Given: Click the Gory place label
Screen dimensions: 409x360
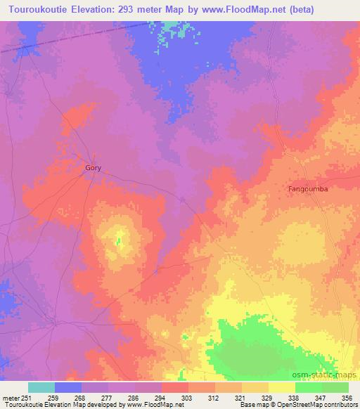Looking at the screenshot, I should click(x=93, y=169).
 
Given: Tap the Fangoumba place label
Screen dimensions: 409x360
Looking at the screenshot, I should click(x=309, y=189).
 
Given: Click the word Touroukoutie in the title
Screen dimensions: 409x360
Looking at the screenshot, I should click(x=37, y=9).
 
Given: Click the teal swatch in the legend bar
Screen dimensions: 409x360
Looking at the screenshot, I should click(x=41, y=387).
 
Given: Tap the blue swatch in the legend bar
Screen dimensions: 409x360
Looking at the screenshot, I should click(x=68, y=387).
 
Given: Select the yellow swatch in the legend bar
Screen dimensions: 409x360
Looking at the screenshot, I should click(x=282, y=387).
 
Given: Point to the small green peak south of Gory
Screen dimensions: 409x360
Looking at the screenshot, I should click(x=119, y=242).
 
